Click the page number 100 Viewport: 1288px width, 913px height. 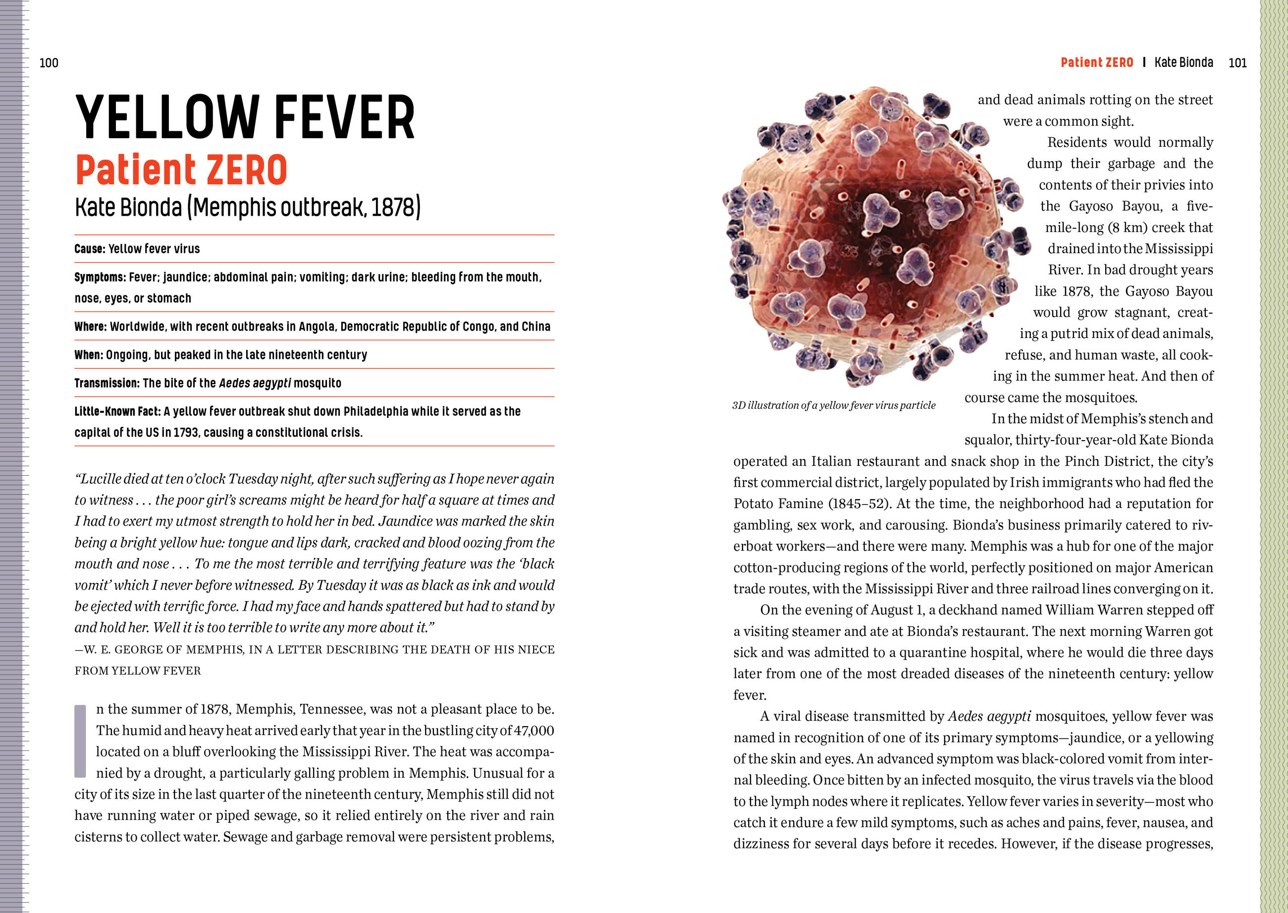49,63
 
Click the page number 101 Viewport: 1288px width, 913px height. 1237,63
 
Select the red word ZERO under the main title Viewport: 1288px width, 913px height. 247,171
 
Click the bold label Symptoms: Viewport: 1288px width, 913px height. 100,277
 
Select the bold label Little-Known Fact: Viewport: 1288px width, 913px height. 117,411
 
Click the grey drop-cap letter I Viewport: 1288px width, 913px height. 80,741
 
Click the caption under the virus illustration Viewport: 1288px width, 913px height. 834,405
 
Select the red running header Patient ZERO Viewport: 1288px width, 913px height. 1096,62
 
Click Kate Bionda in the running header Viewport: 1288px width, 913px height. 1183,62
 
